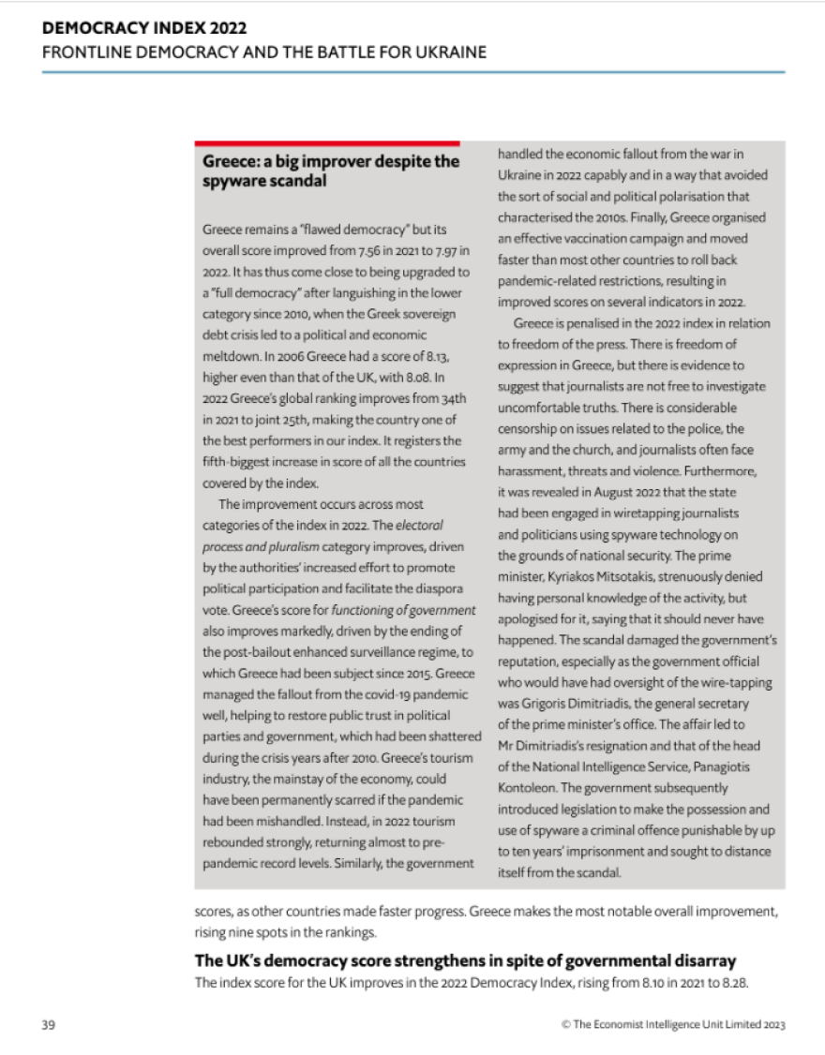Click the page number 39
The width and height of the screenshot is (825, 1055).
point(48,1024)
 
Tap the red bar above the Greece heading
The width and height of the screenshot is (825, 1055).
point(327,143)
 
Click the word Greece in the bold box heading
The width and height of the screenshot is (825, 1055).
point(229,161)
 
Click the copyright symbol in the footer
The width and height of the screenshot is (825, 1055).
point(565,1024)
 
